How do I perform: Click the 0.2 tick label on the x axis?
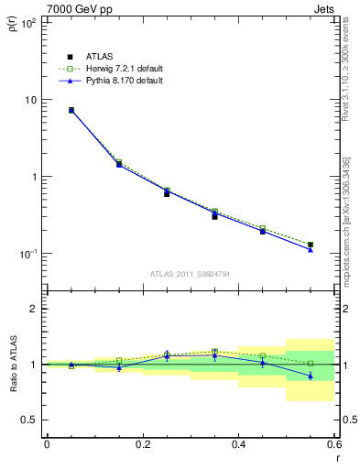142,444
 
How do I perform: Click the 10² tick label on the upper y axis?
28,22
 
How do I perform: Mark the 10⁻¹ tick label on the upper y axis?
28,254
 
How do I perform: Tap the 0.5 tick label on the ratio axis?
30,420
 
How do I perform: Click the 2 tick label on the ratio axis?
35,309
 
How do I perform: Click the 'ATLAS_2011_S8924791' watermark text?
190,273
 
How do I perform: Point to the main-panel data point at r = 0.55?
311,245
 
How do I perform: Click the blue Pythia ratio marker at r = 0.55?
311,376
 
